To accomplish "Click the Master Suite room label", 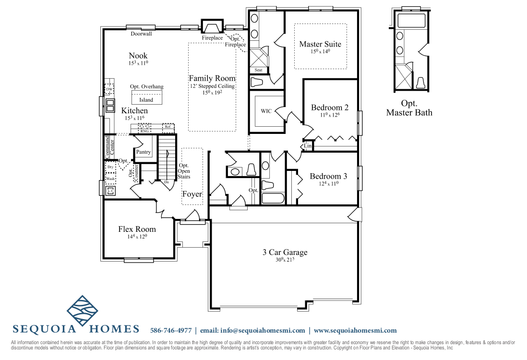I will [320, 44].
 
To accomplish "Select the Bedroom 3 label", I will [328, 176].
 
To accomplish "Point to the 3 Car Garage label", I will [285, 252].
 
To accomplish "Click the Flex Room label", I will [137, 229].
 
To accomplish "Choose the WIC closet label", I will [266, 111].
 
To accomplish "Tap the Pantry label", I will [143, 152].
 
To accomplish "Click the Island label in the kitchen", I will [146, 100].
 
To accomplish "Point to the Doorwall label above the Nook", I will [141, 34].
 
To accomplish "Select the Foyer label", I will [192, 194].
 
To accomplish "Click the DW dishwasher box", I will [109, 90].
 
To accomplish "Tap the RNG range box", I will [144, 131].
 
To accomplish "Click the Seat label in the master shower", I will [258, 70].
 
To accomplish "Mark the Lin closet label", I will [308, 145].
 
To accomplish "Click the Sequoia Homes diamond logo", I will [83, 311].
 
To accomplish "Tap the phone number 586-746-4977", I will [171, 330].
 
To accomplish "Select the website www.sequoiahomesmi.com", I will [355, 330].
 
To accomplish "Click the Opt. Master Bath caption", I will [409, 108].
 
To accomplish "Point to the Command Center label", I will [110, 147].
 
